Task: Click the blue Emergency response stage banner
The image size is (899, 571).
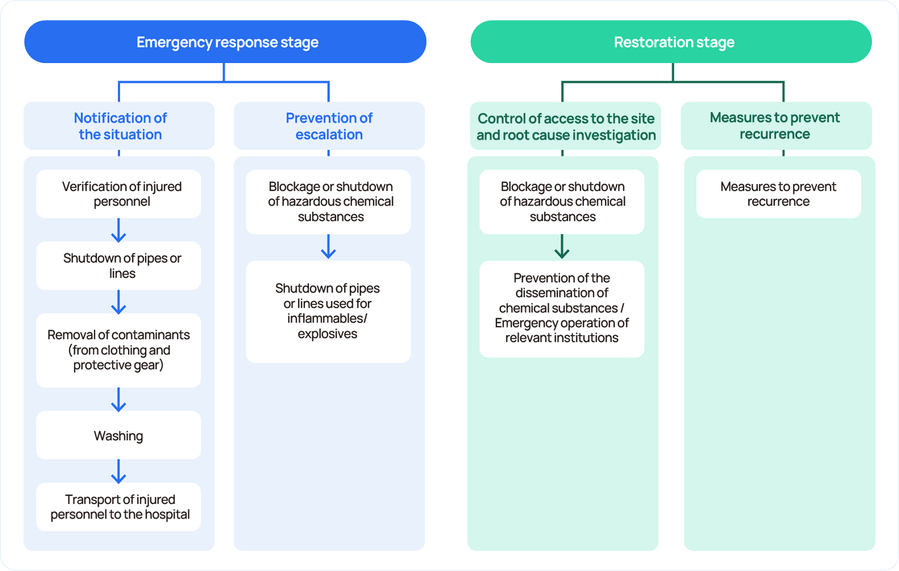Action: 225,42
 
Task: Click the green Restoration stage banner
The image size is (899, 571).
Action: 671,42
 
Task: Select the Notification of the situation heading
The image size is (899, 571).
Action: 120,126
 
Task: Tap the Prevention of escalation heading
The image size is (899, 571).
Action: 329,126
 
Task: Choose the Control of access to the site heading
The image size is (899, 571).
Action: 565,126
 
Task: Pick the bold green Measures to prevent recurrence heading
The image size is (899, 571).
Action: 775,125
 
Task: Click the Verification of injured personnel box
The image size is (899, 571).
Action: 119,194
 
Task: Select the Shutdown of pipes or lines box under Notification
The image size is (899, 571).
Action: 119,266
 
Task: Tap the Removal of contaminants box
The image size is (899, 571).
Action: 119,350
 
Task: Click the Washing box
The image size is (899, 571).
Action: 119,435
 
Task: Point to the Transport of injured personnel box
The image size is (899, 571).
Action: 119,507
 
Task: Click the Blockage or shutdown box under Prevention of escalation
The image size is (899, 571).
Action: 329,202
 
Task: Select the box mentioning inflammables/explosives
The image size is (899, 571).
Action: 329,311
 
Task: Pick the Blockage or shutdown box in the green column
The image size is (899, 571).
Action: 562,202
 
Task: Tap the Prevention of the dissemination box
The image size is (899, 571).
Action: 562,308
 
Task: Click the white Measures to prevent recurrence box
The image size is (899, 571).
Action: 779,194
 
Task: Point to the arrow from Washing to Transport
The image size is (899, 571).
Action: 118,472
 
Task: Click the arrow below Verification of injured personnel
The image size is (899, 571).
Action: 118,230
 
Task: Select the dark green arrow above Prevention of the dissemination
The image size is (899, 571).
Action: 562,247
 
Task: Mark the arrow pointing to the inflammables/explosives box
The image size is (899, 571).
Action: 328,247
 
